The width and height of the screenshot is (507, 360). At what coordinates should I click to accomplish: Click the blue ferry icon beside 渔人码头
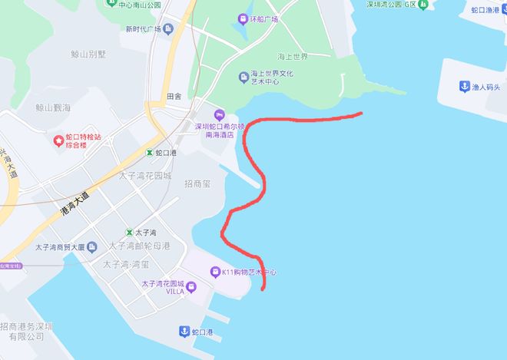[465, 86]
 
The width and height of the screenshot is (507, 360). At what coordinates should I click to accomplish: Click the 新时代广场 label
[144, 29]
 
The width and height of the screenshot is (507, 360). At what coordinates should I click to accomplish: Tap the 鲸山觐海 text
[53, 108]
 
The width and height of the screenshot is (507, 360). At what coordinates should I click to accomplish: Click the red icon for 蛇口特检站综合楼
[58, 140]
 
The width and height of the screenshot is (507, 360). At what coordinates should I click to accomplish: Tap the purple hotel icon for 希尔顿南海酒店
[218, 115]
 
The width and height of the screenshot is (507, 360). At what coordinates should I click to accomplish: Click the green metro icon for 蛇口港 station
[150, 153]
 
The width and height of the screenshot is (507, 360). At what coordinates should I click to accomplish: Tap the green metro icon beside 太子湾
[129, 232]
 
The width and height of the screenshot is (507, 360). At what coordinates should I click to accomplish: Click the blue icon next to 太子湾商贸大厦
[92, 247]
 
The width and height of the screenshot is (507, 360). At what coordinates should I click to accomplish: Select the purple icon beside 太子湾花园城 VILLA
[191, 287]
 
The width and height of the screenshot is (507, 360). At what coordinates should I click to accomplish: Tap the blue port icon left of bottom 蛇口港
[184, 332]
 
